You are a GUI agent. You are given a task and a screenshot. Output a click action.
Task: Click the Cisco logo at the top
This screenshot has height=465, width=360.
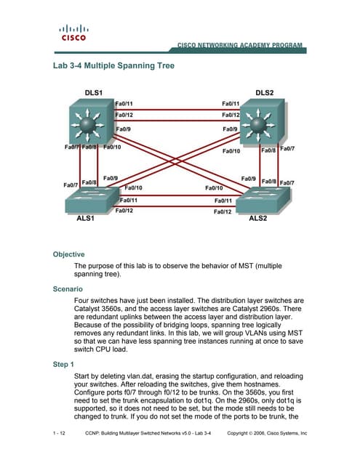[x=73, y=33]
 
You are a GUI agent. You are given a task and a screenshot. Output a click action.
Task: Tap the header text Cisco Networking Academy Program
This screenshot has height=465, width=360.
[x=240, y=46]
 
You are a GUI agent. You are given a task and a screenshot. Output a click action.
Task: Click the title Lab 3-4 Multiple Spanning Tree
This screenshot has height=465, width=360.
[x=113, y=65]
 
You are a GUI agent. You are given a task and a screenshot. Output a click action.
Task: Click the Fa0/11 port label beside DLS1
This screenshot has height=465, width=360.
[x=124, y=104]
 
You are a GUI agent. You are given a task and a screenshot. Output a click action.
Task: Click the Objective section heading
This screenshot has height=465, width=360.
[x=69, y=254]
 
